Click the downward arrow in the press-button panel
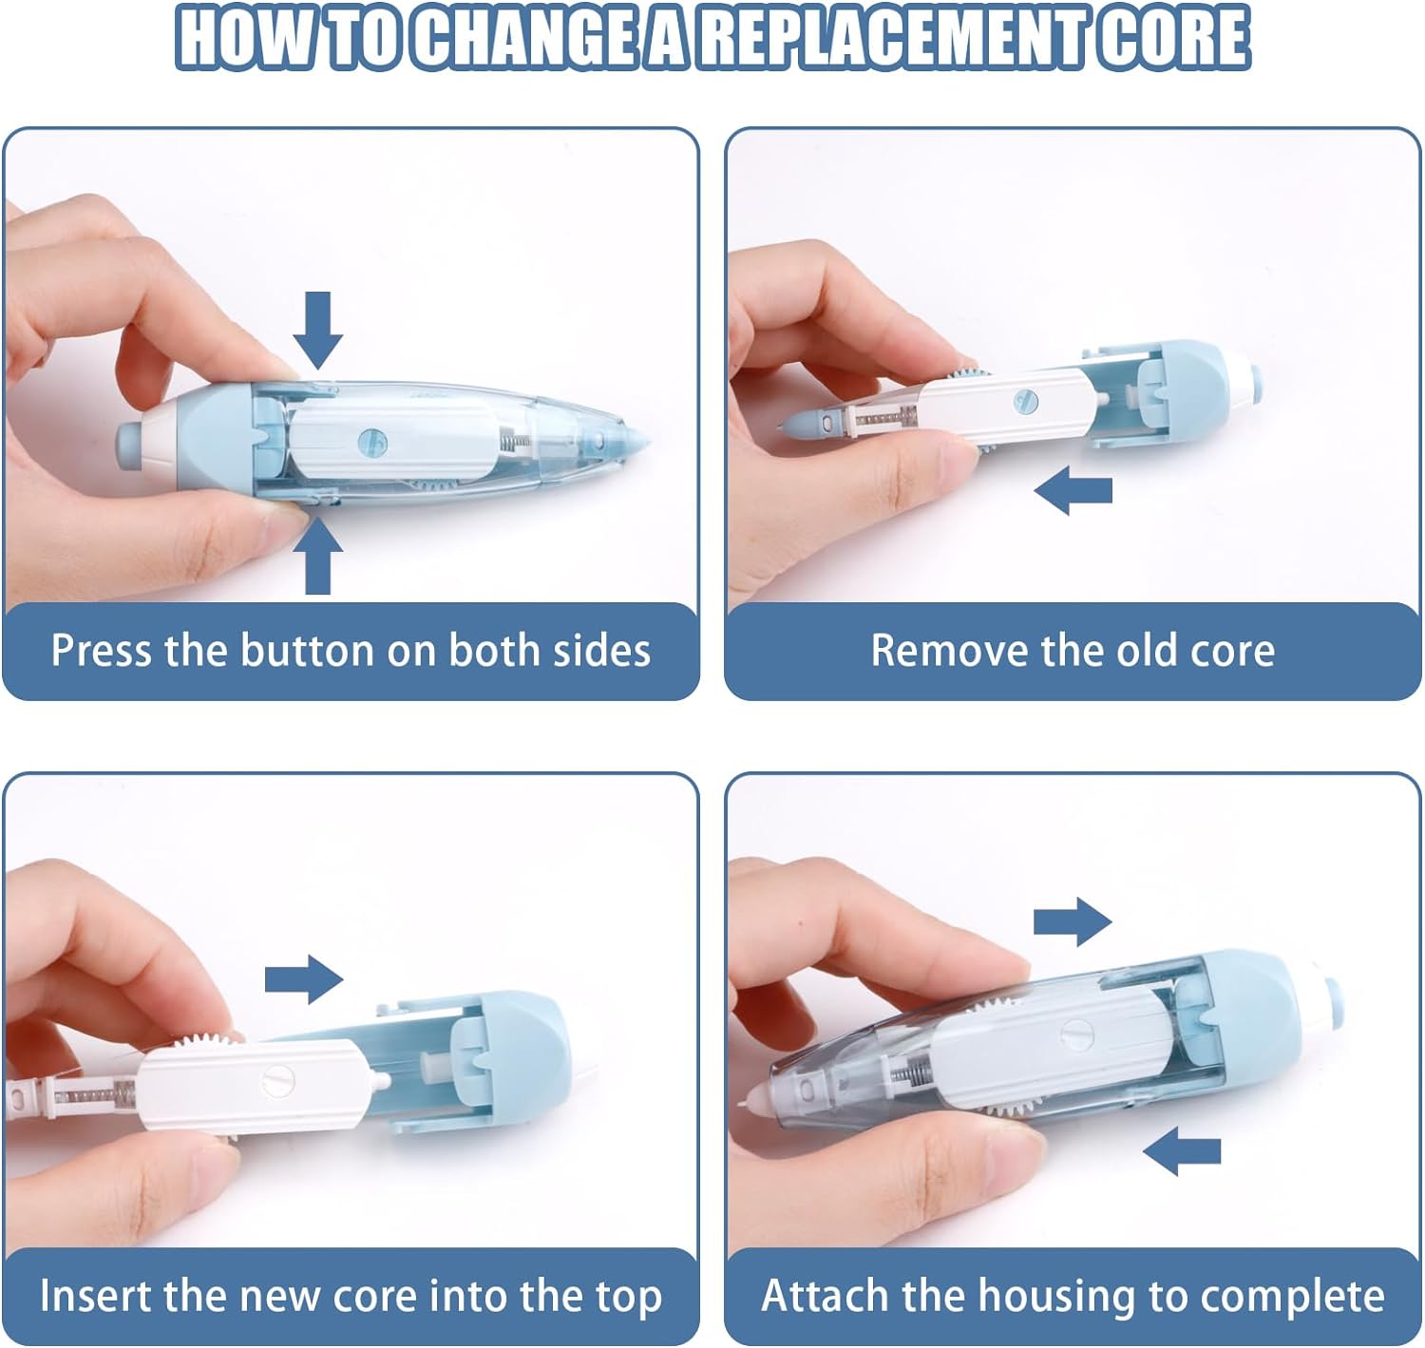pyautogui.click(x=317, y=329)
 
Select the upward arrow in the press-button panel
pyautogui.click(x=317, y=559)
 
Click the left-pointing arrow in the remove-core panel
pyautogui.click(x=1073, y=490)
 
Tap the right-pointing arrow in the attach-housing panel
pyautogui.click(x=1072, y=921)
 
